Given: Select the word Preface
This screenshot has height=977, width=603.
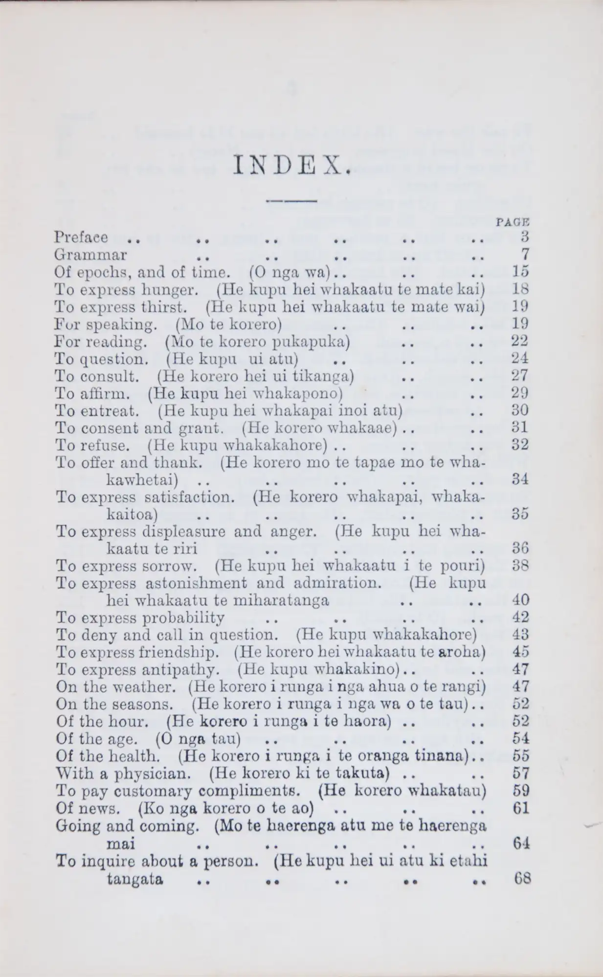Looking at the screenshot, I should tap(81, 237).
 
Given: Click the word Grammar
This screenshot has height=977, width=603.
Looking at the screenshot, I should tap(91, 255).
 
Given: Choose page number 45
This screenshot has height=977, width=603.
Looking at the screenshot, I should tap(521, 652).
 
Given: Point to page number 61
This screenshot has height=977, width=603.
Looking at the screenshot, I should tap(521, 808).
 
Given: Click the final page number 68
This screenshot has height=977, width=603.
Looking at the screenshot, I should tap(522, 879).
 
